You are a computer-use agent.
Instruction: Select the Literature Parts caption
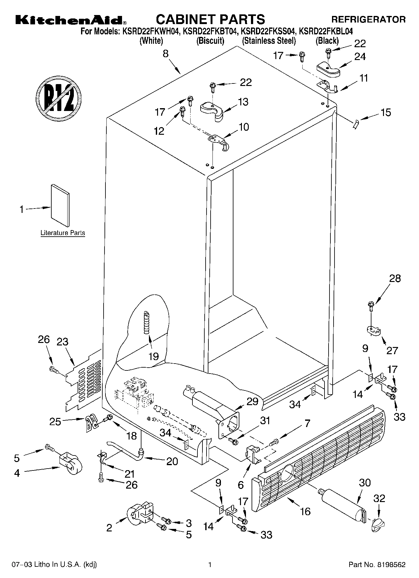pyautogui.click(x=63, y=233)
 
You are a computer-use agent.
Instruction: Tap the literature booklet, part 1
pyautogui.click(x=60, y=205)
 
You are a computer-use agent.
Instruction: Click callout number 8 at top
pyautogui.click(x=166, y=54)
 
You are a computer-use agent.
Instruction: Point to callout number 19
pyautogui.click(x=154, y=356)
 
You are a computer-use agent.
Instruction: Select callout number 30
pyautogui.click(x=365, y=483)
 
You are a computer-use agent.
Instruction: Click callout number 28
pyautogui.click(x=395, y=278)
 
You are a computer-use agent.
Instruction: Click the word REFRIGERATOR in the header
pyautogui.click(x=368, y=20)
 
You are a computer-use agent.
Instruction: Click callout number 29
pyautogui.click(x=253, y=401)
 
